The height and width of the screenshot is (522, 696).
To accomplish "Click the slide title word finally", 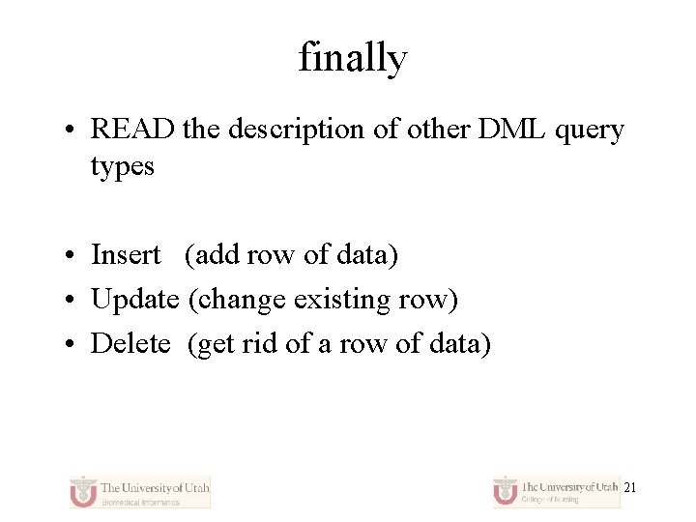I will point(353,58).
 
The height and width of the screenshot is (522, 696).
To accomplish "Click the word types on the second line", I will point(122,167).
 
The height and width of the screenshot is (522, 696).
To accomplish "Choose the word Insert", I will point(126,255).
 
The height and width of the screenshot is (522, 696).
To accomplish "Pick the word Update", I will point(134,300).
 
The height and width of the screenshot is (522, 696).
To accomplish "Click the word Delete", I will point(130,343).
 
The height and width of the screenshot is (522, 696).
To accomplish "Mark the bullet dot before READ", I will point(72,130).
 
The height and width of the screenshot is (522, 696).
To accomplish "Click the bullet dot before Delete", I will point(72,344).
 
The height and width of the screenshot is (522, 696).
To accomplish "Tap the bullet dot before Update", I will point(72,301).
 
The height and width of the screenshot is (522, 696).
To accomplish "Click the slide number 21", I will point(629,488).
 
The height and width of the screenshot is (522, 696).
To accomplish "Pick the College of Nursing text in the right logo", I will point(552,500).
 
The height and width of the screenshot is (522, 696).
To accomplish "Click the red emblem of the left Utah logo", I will point(84,491).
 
